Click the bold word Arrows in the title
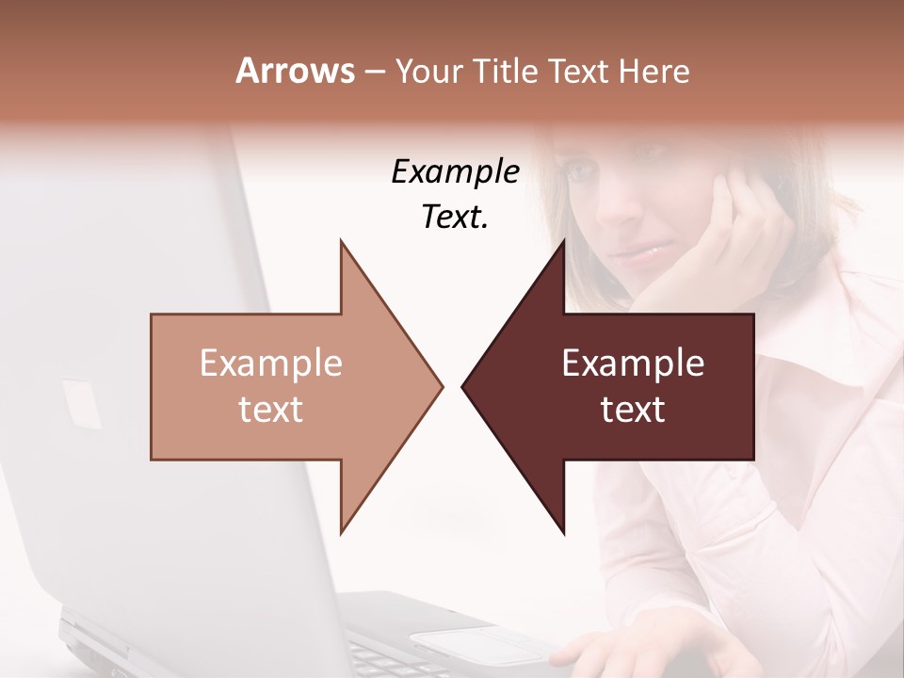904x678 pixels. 295,71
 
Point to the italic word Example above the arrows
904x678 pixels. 455,171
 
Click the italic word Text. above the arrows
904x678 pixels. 455,217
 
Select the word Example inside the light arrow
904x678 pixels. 270,363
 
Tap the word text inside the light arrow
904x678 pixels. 270,409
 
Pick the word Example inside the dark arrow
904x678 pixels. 633,363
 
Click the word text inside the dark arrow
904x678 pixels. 633,409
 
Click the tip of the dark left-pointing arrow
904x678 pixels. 463,386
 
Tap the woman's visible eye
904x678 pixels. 584,173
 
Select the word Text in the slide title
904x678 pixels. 581,71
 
